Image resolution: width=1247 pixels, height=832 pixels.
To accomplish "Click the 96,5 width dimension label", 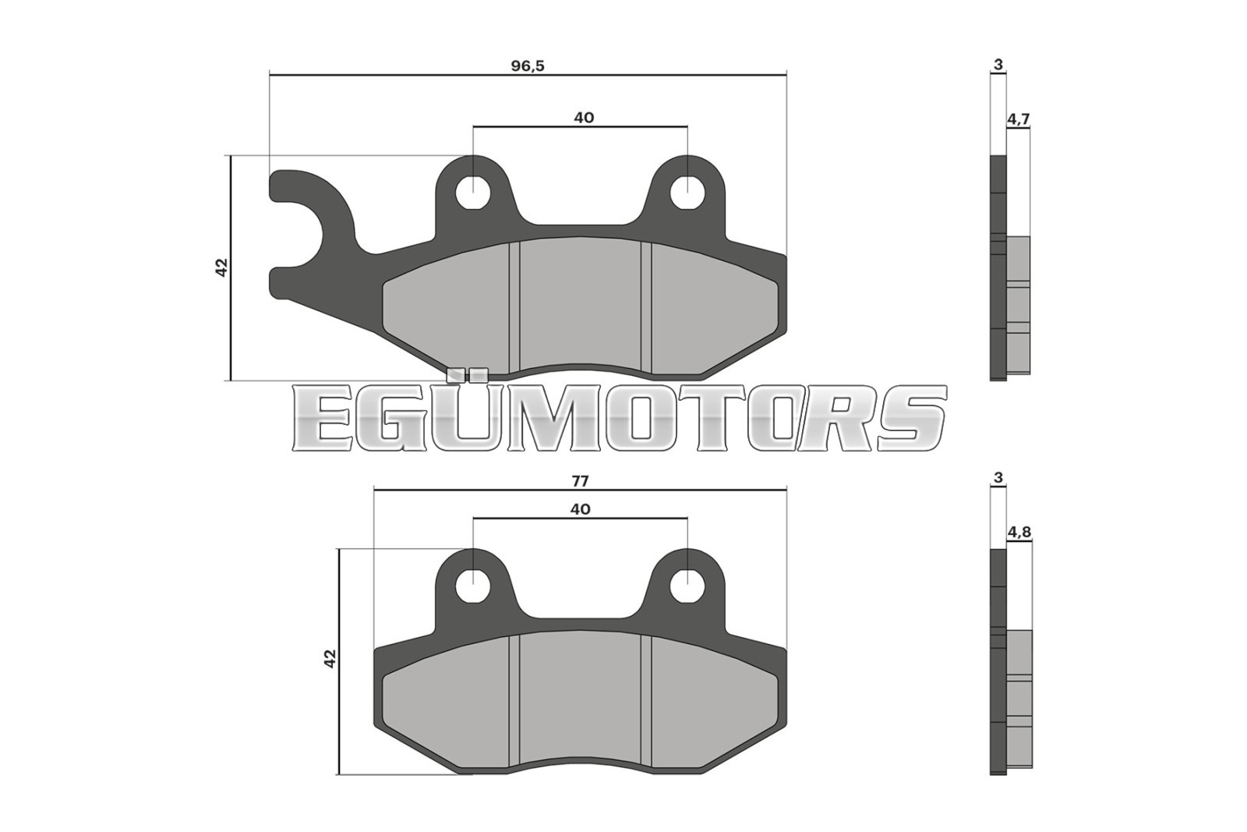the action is tap(528, 65).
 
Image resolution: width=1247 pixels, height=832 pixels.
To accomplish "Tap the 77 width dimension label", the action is tap(580, 481).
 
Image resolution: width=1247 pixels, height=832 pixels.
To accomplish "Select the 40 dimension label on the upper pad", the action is tap(584, 118).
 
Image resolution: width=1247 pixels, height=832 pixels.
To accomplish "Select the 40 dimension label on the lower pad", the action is tap(580, 509).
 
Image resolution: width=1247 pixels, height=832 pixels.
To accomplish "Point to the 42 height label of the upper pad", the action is tap(221, 267).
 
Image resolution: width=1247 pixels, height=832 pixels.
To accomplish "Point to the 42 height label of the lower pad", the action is tap(330, 659).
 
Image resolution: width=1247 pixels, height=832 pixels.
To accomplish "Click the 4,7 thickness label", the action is tap(1019, 119).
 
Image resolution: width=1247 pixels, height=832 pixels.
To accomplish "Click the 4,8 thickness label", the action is tap(1019, 533).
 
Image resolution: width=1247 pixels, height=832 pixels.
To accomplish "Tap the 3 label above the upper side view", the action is tap(998, 65).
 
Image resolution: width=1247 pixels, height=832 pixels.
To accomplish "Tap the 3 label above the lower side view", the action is tap(998, 478).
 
